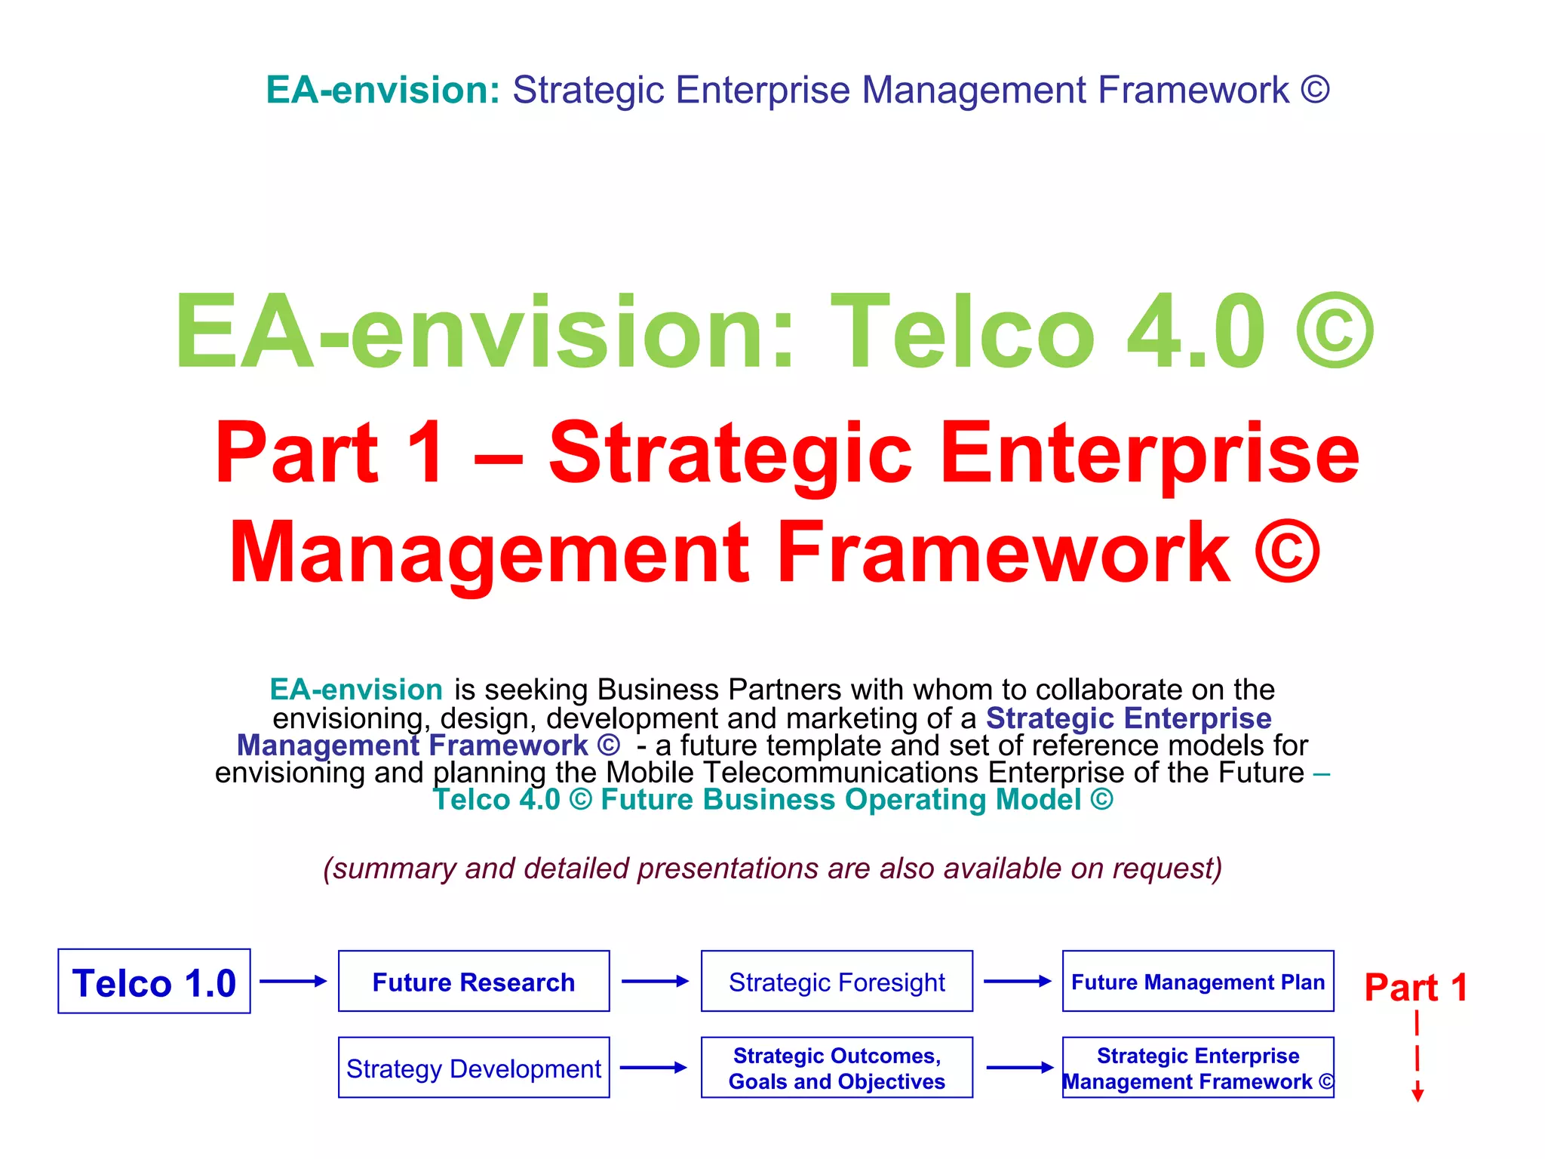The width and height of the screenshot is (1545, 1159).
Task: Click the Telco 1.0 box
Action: tap(154, 981)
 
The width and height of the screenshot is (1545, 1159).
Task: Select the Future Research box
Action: tap(474, 981)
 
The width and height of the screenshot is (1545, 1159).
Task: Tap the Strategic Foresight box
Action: tap(837, 981)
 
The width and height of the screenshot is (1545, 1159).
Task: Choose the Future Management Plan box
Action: tap(1198, 981)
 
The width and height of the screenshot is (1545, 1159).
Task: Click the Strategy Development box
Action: tap(474, 1068)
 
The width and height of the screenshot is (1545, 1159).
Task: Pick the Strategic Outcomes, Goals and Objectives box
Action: tap(837, 1068)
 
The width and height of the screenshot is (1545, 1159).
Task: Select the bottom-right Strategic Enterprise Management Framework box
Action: tap(1198, 1068)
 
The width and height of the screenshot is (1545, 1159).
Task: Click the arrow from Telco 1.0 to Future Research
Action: tap(293, 981)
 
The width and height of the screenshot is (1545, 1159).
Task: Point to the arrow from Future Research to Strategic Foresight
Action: tap(655, 981)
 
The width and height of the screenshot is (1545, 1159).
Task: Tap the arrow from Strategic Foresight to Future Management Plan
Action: tap(1017, 981)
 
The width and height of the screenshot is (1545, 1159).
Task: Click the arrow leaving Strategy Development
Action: tap(653, 1068)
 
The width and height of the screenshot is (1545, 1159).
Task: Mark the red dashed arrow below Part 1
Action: tap(1418, 1056)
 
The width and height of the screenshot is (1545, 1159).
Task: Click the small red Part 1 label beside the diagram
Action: tap(1416, 987)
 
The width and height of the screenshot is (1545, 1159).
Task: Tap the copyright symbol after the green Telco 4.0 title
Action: tap(1335, 332)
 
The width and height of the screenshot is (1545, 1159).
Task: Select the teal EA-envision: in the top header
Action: tap(383, 90)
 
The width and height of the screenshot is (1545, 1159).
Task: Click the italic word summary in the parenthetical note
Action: tap(394, 868)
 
